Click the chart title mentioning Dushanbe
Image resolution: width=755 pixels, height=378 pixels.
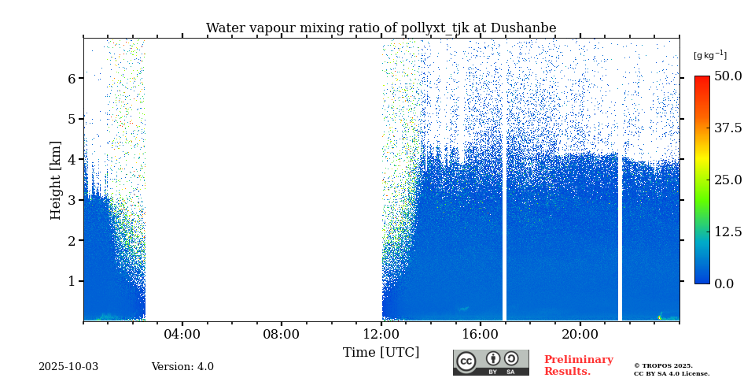tap(381, 28)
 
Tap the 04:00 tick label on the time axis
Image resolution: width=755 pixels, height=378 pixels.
tap(182, 335)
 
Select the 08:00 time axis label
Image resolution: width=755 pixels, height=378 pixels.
tap(281, 335)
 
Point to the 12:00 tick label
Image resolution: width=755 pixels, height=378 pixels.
tap(381, 335)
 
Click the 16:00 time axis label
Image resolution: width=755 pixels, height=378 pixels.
tap(481, 335)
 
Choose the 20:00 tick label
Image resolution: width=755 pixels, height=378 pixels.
tap(580, 335)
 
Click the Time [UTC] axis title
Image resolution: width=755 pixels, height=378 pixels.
tap(381, 353)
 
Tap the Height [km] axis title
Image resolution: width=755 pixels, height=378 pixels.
tap(56, 180)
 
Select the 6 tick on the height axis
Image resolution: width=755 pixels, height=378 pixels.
tap(71, 79)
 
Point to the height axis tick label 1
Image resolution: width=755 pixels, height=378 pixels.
tap(71, 281)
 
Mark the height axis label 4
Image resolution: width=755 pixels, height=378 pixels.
tap(71, 160)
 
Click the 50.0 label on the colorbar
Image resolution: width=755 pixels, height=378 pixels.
tap(727, 76)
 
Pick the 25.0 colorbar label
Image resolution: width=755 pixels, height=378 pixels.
tap(727, 180)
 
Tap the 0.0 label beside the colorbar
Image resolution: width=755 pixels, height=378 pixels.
tap(724, 283)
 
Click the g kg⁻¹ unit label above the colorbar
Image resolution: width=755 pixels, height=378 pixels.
tap(709, 55)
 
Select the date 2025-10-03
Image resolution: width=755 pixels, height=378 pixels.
tap(68, 367)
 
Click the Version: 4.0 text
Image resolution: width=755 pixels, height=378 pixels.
tap(182, 367)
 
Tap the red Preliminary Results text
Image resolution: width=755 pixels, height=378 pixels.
tap(578, 365)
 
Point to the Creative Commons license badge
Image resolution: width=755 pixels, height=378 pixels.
tap(491, 362)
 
